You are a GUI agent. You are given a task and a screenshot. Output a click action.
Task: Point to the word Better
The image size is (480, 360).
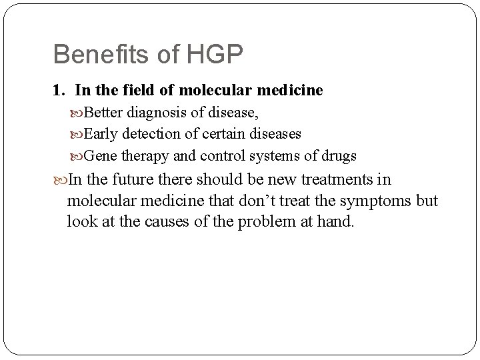coord(105,112)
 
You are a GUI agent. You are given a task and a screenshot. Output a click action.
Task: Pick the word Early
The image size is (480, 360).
coord(103,134)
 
